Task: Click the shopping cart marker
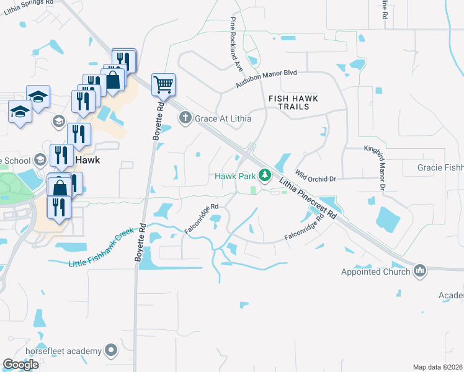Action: point(163,84)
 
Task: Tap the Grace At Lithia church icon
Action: point(184,117)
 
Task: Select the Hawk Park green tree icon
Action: point(265,176)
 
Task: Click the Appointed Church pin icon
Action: point(420,271)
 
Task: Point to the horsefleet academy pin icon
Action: point(111,351)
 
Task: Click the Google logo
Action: point(21,365)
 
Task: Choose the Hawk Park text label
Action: point(235,176)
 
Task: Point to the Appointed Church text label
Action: point(375,272)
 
